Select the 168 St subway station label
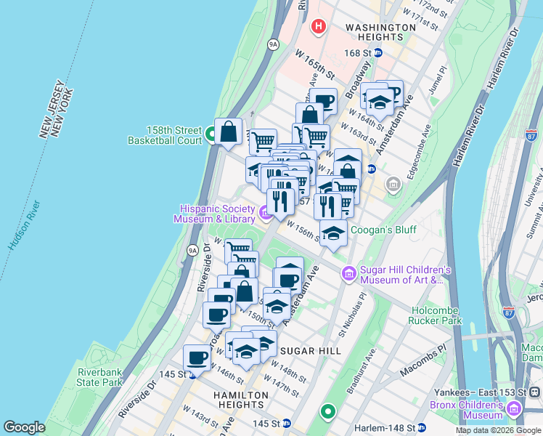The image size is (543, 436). [x=362, y=53]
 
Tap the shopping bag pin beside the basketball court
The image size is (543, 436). [x=229, y=132]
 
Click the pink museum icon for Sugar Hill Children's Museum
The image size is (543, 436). [x=349, y=273]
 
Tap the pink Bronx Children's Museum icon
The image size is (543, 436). [x=515, y=410]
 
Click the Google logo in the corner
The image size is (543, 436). [x=24, y=427]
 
